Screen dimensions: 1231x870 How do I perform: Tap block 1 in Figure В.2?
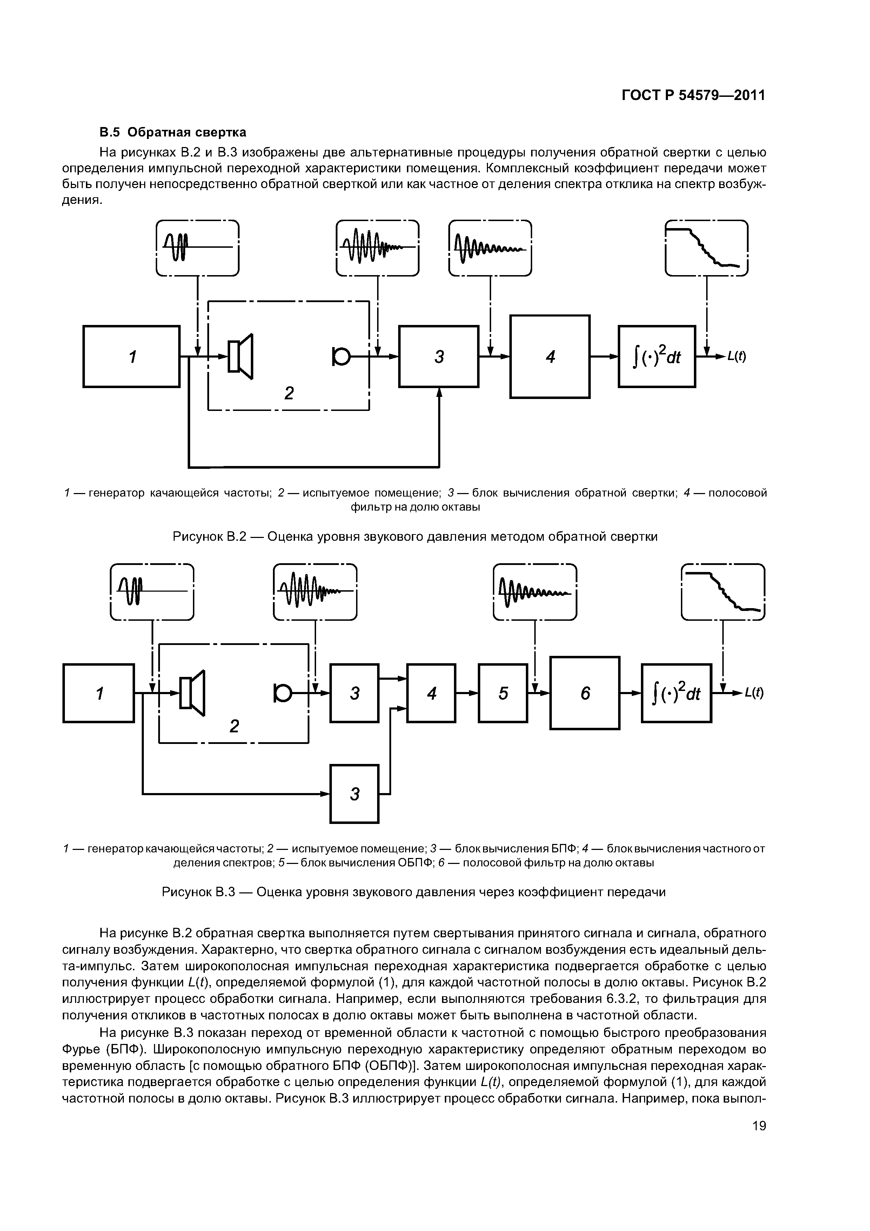click(x=131, y=356)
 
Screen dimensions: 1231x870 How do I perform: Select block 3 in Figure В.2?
click(x=439, y=356)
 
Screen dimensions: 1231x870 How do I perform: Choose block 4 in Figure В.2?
click(x=549, y=356)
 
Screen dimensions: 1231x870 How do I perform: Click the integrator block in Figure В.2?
click(x=657, y=356)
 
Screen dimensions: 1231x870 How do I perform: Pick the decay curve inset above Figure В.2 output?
click(x=706, y=248)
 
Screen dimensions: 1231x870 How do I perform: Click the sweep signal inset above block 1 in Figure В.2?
click(x=197, y=248)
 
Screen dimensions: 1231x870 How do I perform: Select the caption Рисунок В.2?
click(x=414, y=536)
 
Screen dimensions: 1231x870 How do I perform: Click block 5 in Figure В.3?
click(x=503, y=693)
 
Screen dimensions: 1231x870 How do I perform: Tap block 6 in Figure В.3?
click(x=585, y=693)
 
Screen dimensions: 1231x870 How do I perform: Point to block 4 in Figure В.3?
click(x=431, y=693)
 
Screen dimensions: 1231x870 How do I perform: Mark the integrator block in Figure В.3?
click(x=676, y=693)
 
